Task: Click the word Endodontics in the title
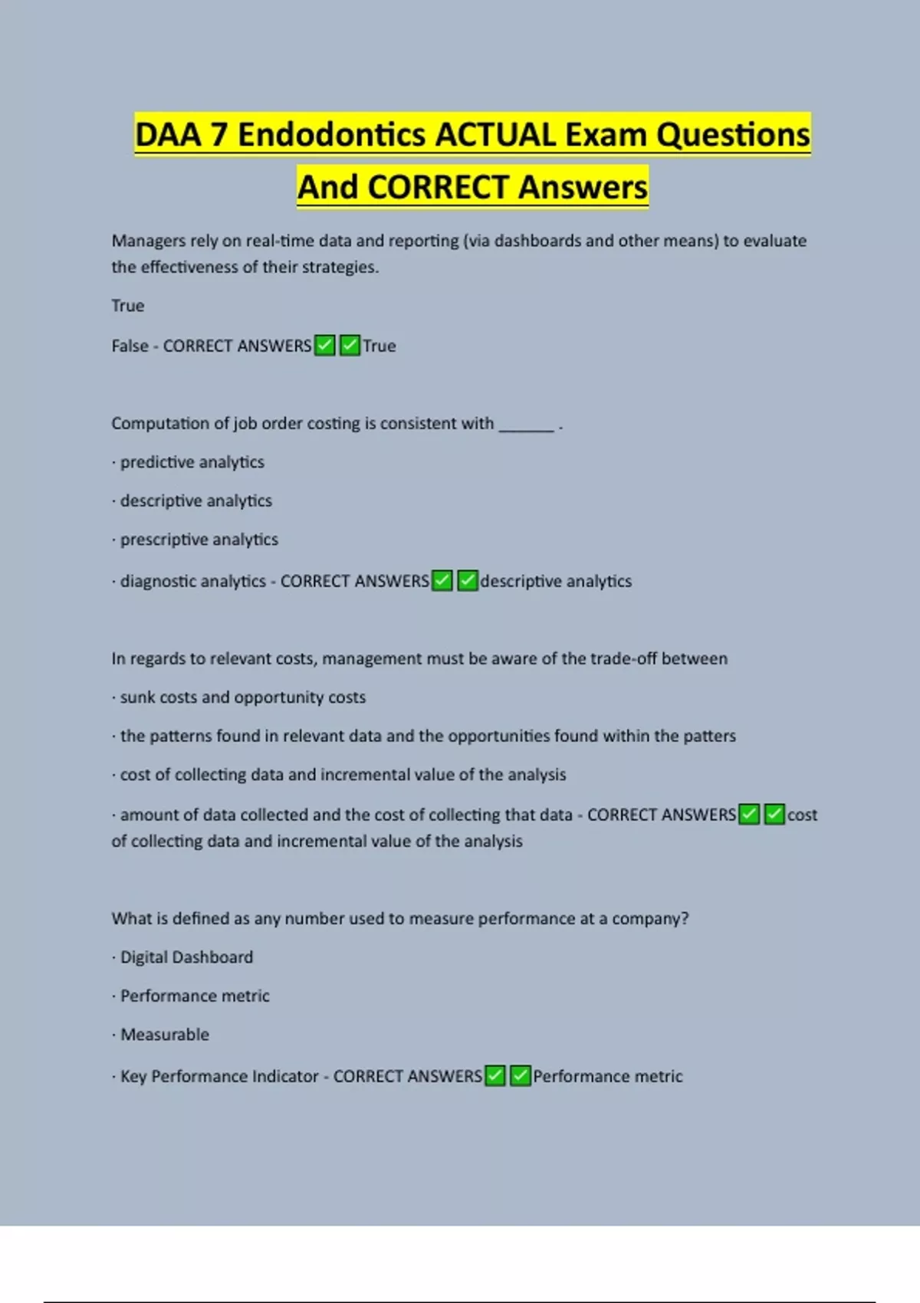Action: (331, 135)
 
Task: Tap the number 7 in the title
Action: (219, 135)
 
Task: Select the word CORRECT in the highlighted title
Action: (439, 187)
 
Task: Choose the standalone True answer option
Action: (127, 306)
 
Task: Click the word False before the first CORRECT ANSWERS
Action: (130, 346)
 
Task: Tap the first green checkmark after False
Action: (325, 346)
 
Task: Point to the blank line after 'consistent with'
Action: (526, 426)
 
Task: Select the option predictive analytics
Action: (192, 462)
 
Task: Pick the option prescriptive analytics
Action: (199, 540)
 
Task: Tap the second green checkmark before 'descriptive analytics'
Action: (467, 581)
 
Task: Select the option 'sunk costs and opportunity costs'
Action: (242, 697)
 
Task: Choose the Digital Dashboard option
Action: (186, 957)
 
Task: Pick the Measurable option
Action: (164, 1035)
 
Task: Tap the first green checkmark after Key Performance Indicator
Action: (495, 1076)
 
